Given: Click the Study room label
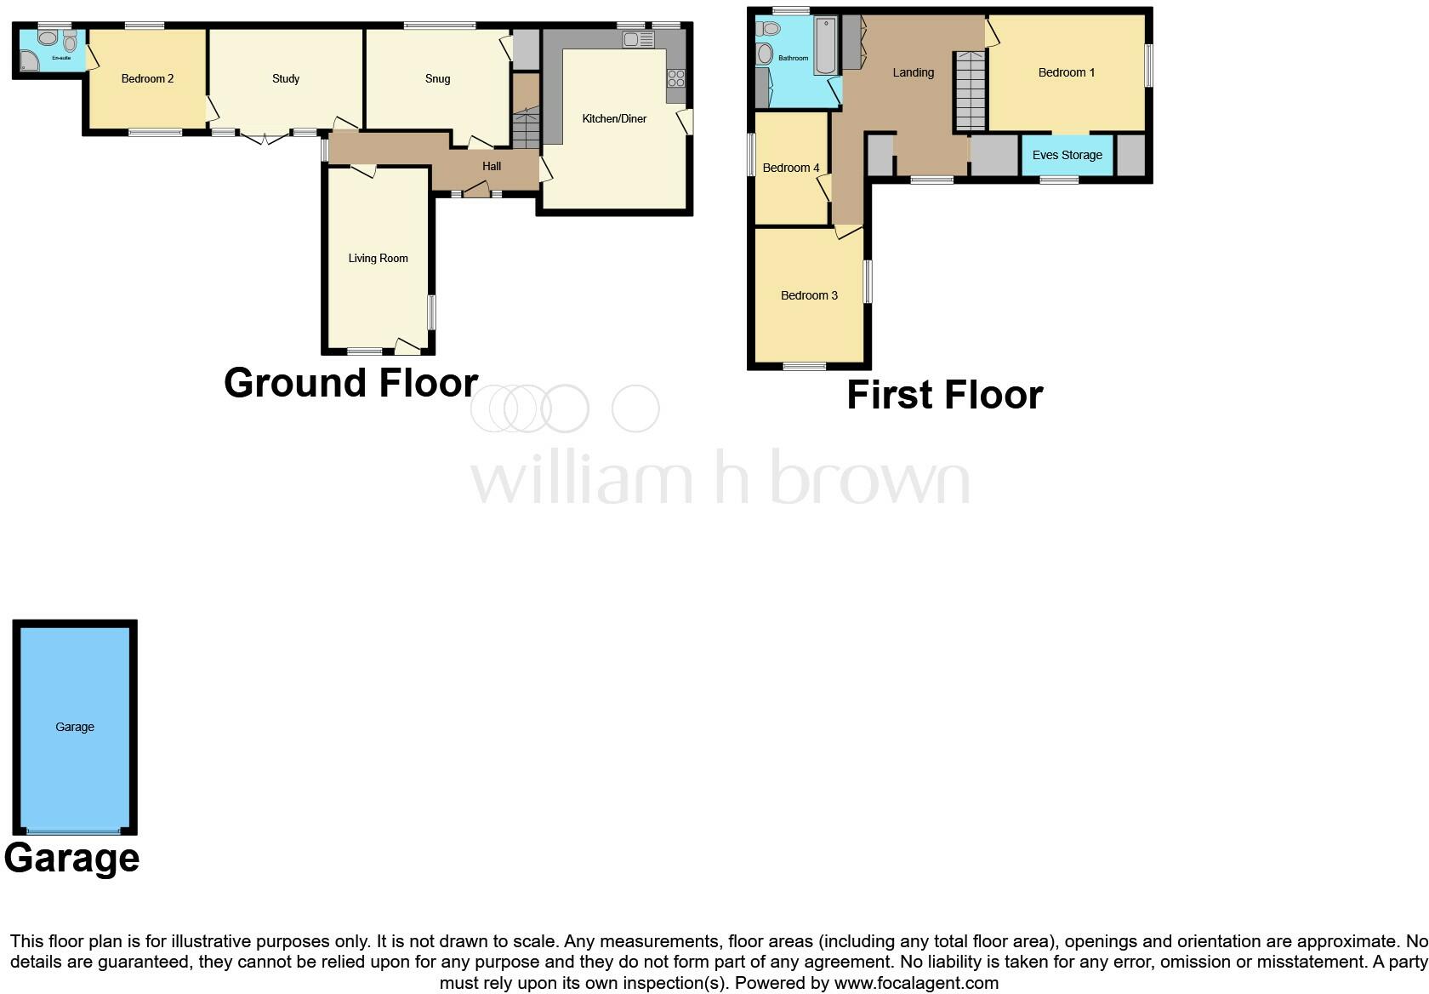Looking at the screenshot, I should (x=286, y=78).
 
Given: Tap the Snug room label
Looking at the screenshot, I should (x=437, y=78).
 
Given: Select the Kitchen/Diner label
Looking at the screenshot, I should (x=614, y=118).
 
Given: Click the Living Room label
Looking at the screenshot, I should (x=378, y=258).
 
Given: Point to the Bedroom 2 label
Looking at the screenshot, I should (x=147, y=78).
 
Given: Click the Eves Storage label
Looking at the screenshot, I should (x=1067, y=155).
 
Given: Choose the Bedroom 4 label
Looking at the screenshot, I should (x=791, y=168).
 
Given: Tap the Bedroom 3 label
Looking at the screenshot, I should (x=809, y=295).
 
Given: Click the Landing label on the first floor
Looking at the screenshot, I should (x=913, y=72).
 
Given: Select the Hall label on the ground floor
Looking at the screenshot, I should (x=492, y=166).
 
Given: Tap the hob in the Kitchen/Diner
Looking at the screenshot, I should (x=676, y=79).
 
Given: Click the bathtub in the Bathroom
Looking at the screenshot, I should (x=825, y=46).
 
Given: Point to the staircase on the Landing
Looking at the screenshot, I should (x=970, y=89).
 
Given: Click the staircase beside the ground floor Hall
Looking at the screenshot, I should (x=526, y=128).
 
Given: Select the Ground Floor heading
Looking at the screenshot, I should (x=350, y=382).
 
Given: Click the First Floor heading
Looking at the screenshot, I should (x=944, y=395).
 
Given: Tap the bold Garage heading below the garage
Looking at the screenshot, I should (x=71, y=857).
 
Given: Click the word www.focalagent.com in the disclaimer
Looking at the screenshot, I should (x=916, y=983).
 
